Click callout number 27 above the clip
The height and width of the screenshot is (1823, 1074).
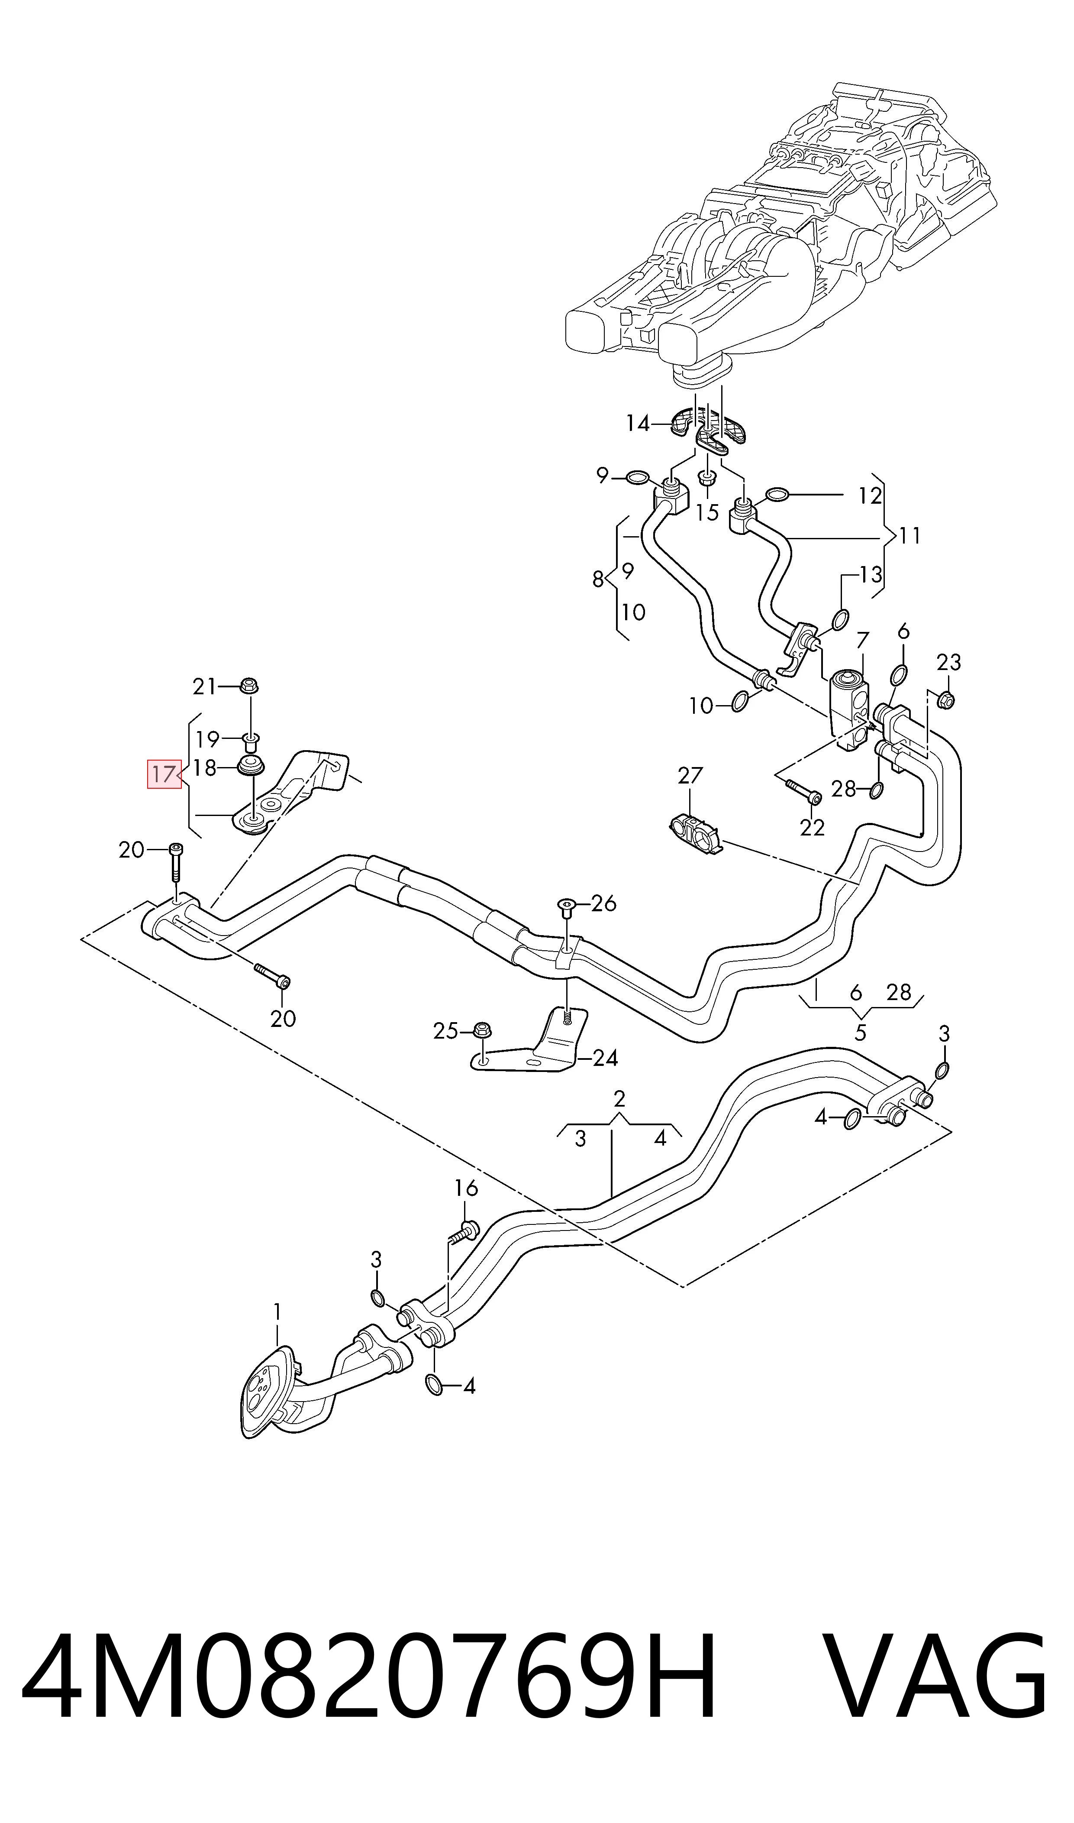(x=690, y=775)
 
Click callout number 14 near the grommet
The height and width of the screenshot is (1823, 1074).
(x=638, y=423)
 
